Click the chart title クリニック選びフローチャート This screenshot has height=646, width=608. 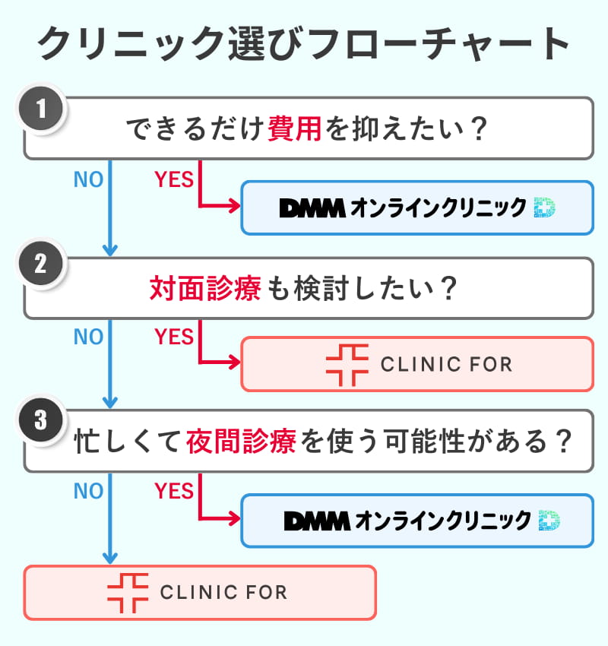304,44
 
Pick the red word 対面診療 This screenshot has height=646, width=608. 205,289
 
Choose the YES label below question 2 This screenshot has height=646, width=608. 174,336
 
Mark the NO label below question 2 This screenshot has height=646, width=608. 88,336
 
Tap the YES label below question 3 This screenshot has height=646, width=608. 174,491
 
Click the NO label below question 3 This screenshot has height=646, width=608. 88,491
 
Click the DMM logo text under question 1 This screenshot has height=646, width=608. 312,207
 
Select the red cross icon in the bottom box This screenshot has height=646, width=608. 127,592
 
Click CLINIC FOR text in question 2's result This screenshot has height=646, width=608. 446,364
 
